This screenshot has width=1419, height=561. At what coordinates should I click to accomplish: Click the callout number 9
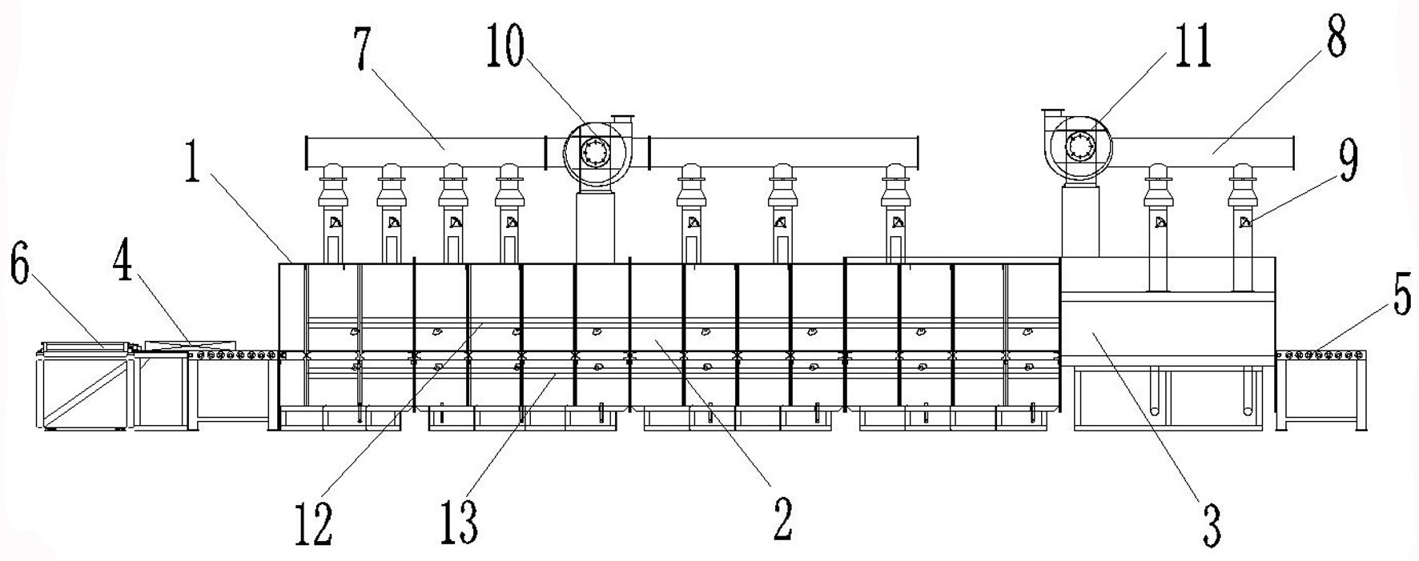coord(1349,162)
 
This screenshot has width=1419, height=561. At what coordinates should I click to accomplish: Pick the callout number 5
coord(1399,298)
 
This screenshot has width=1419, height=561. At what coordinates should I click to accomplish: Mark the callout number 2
coord(782,519)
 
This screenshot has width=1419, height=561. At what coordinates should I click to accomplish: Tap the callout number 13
coord(459,523)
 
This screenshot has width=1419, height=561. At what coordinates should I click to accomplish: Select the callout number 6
coord(19,266)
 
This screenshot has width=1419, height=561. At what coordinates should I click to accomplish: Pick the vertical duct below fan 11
coord(1079,220)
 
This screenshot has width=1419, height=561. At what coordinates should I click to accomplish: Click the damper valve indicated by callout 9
coord(1243,222)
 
